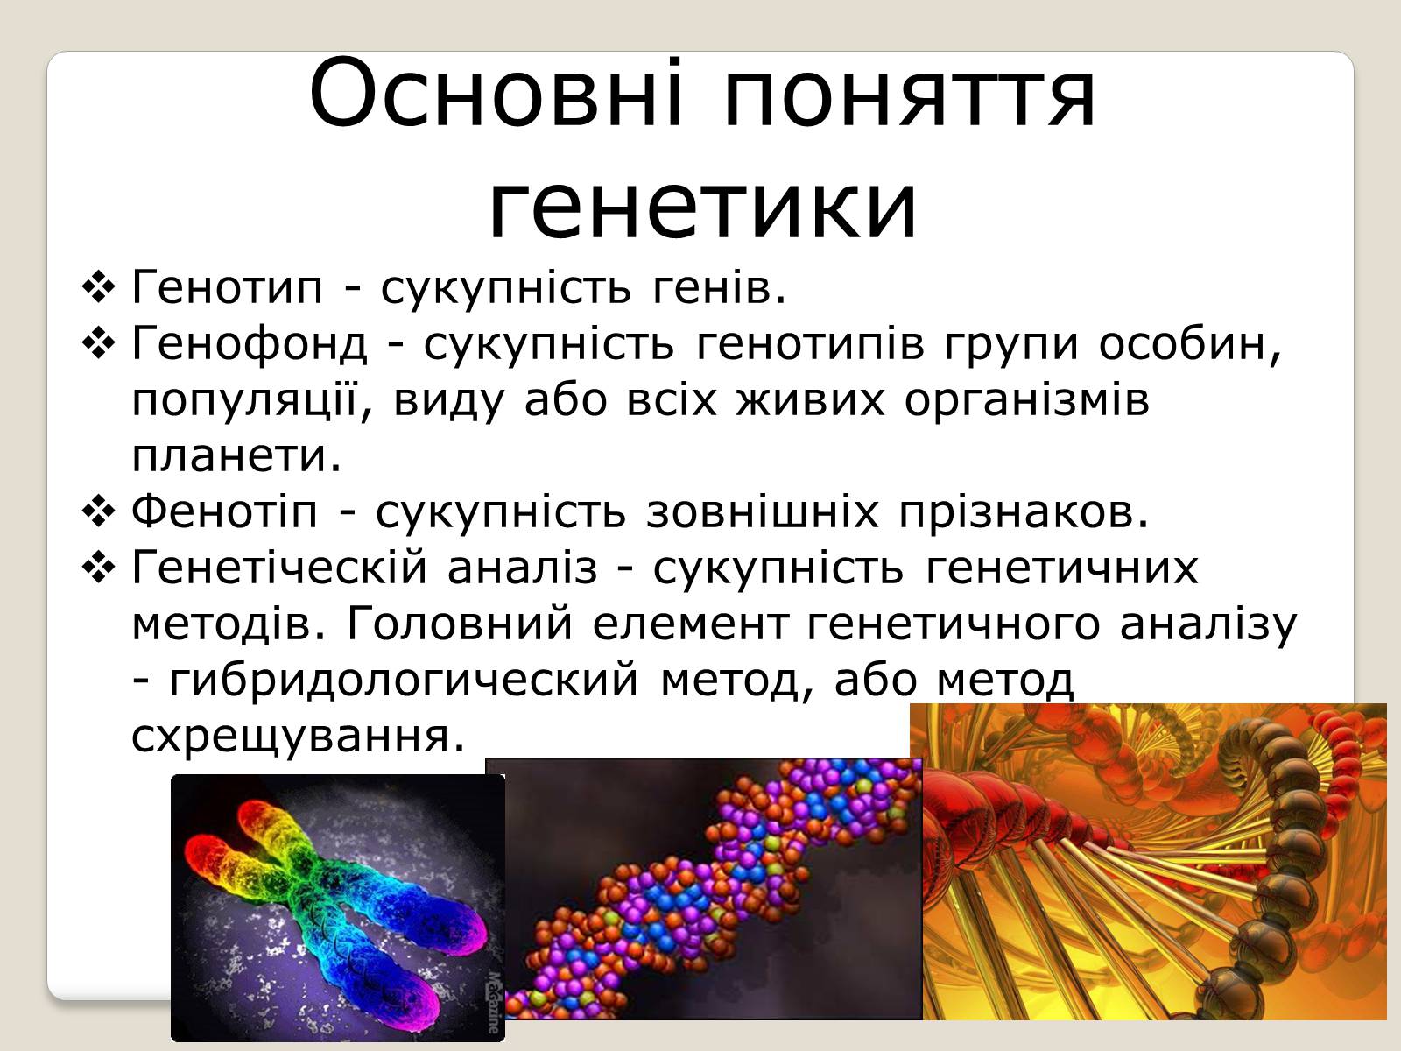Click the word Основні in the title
(x=496, y=94)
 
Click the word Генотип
(x=227, y=287)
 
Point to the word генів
(x=719, y=287)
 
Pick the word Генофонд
(x=250, y=344)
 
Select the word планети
(x=236, y=455)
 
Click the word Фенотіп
(x=224, y=511)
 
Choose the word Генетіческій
(x=279, y=567)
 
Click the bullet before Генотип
(x=98, y=287)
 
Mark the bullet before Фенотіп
(x=98, y=511)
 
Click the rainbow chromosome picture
(x=338, y=908)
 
